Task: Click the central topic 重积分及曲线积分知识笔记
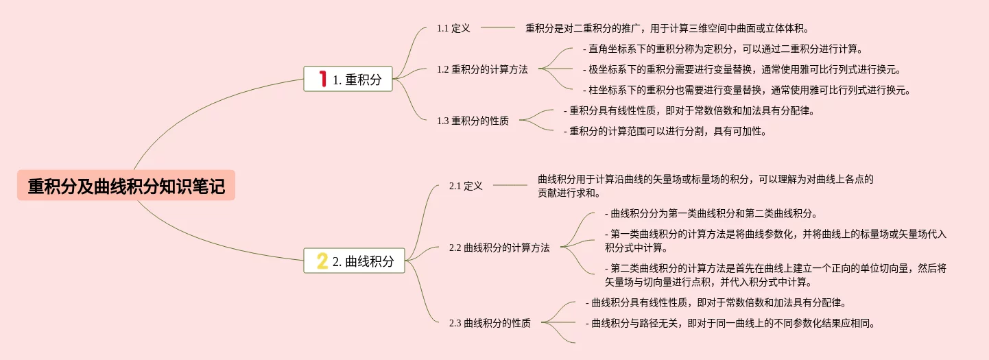[126, 186]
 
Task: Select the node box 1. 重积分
[348, 80]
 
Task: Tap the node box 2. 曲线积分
[354, 261]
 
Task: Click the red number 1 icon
[322, 80]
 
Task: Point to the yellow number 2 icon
[322, 261]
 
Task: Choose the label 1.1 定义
[453, 28]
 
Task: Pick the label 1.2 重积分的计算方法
[482, 69]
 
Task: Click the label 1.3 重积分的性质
[473, 121]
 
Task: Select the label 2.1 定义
[466, 186]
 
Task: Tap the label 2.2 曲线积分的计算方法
[499, 248]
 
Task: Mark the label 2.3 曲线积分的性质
[490, 323]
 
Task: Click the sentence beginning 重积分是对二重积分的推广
[667, 28]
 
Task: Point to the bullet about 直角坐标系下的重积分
[722, 49]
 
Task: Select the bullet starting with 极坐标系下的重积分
[741, 69]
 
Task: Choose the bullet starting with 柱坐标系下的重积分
[746, 90]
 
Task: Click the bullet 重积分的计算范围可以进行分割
[665, 131]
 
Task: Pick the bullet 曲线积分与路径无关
[730, 323]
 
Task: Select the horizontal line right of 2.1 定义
[510, 185]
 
